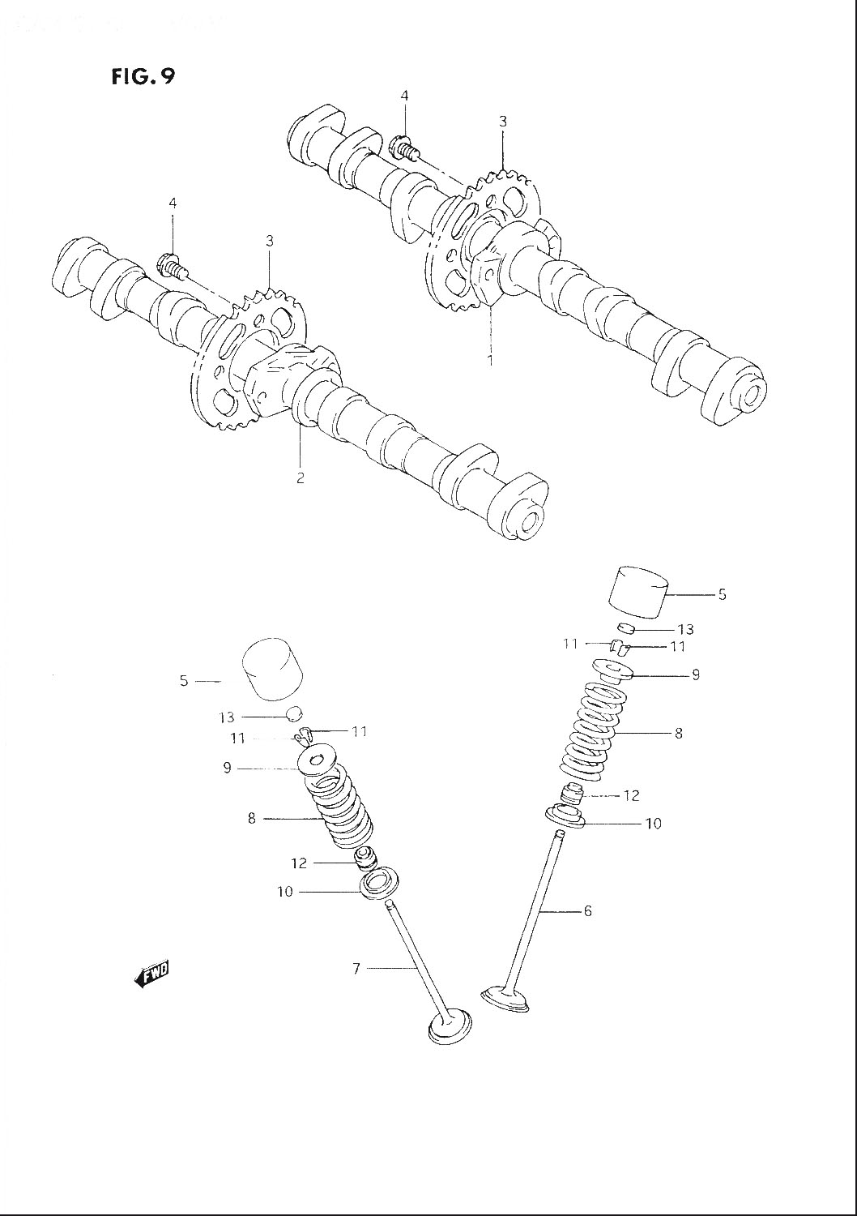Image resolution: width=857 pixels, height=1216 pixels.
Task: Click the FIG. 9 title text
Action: pos(143,76)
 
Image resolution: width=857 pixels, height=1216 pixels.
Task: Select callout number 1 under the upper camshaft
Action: pos(490,360)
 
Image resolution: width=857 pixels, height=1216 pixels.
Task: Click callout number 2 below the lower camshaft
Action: pos(300,477)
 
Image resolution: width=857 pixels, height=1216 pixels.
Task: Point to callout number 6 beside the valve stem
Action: pos(587,911)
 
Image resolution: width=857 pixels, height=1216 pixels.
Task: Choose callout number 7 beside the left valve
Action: pos(356,968)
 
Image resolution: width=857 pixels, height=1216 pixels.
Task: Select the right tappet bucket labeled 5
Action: pos(638,593)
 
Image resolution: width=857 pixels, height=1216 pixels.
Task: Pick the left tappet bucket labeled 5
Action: pos(272,672)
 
